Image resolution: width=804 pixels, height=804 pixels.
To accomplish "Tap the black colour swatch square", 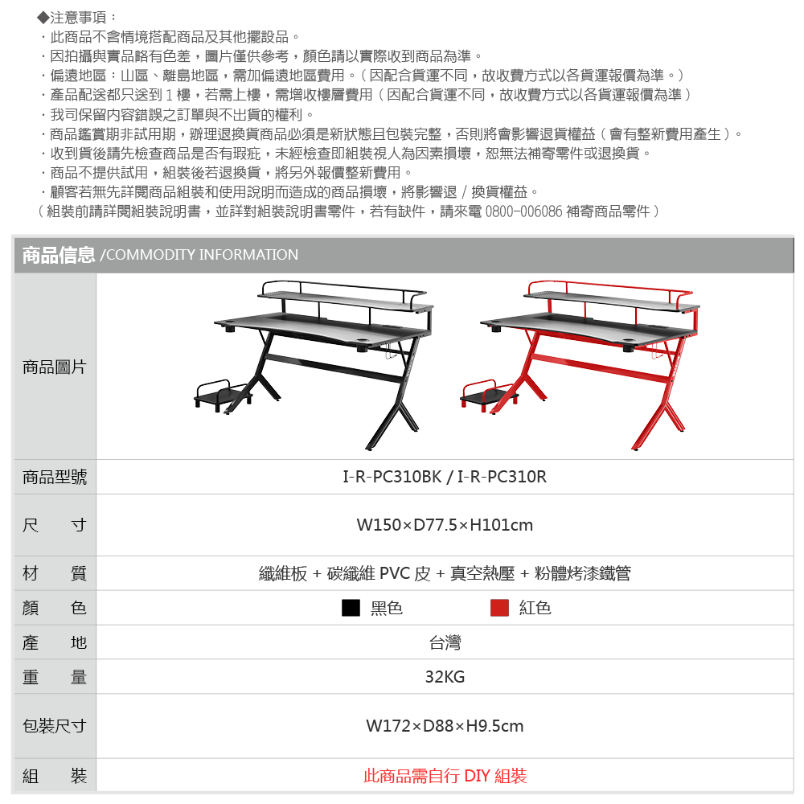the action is pyautogui.click(x=351, y=608).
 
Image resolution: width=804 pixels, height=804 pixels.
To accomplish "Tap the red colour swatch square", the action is pyautogui.click(x=499, y=608).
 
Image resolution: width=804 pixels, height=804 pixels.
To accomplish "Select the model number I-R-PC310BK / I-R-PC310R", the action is pyautogui.click(x=445, y=477).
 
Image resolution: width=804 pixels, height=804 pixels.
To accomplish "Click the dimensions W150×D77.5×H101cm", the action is pyautogui.click(x=445, y=525).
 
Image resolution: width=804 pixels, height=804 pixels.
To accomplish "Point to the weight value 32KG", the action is pyautogui.click(x=445, y=677).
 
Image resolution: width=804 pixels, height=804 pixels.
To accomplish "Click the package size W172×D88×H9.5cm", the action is pyautogui.click(x=445, y=726).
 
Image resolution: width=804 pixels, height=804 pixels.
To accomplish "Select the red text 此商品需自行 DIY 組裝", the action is pyautogui.click(x=445, y=776).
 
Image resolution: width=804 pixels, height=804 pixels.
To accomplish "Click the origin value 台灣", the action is pyautogui.click(x=445, y=642).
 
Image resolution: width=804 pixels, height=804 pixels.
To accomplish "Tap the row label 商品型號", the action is pyautogui.click(x=54, y=477).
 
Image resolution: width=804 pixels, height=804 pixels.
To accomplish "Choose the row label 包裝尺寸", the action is pyautogui.click(x=54, y=726).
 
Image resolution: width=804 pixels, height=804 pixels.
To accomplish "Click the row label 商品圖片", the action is pyautogui.click(x=54, y=367).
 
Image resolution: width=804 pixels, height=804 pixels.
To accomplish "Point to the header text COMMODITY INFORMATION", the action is pyautogui.click(x=202, y=255).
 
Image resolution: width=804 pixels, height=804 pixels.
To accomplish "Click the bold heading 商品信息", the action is pyautogui.click(x=59, y=255).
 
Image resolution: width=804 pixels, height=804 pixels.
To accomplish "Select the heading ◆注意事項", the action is pyautogui.click(x=77, y=17).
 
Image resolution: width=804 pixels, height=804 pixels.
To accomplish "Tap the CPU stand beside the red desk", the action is pyautogui.click(x=488, y=393).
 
